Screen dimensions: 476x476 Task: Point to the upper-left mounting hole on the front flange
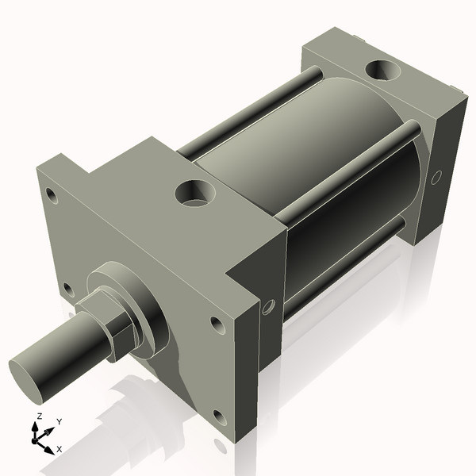pyautogui.click(x=52, y=194)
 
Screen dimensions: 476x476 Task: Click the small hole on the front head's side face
pyautogui.click(x=268, y=305)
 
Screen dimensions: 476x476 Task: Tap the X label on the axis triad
pyautogui.click(x=59, y=449)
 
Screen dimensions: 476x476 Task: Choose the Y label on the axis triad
pyautogui.click(x=59, y=421)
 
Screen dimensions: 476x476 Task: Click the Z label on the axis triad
pyautogui.click(x=39, y=416)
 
